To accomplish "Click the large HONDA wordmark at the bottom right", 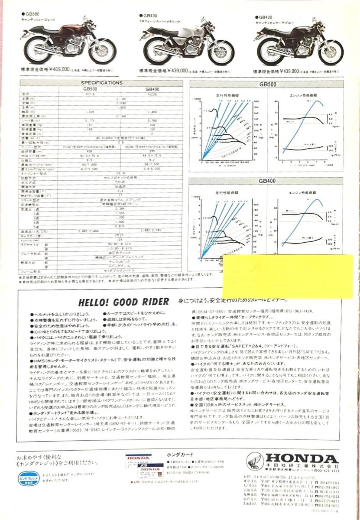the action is pos(302,458).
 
